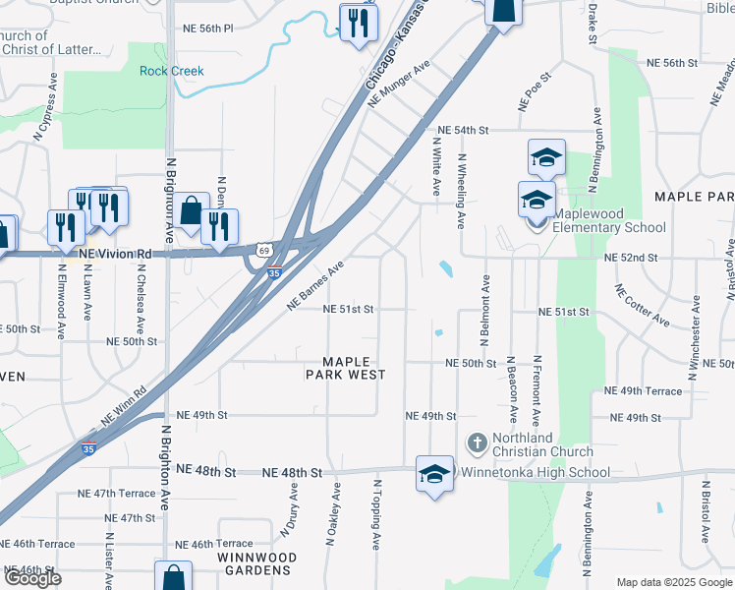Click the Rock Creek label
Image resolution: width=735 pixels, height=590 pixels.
point(172,71)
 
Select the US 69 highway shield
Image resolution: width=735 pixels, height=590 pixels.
point(264,251)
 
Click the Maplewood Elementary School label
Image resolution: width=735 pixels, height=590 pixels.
point(609,221)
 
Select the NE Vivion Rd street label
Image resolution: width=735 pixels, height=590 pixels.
point(116,254)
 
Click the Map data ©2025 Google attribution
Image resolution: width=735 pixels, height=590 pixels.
point(673,582)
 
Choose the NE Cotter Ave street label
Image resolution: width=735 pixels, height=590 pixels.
point(643,306)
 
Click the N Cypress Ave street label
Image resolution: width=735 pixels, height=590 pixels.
point(40,119)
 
